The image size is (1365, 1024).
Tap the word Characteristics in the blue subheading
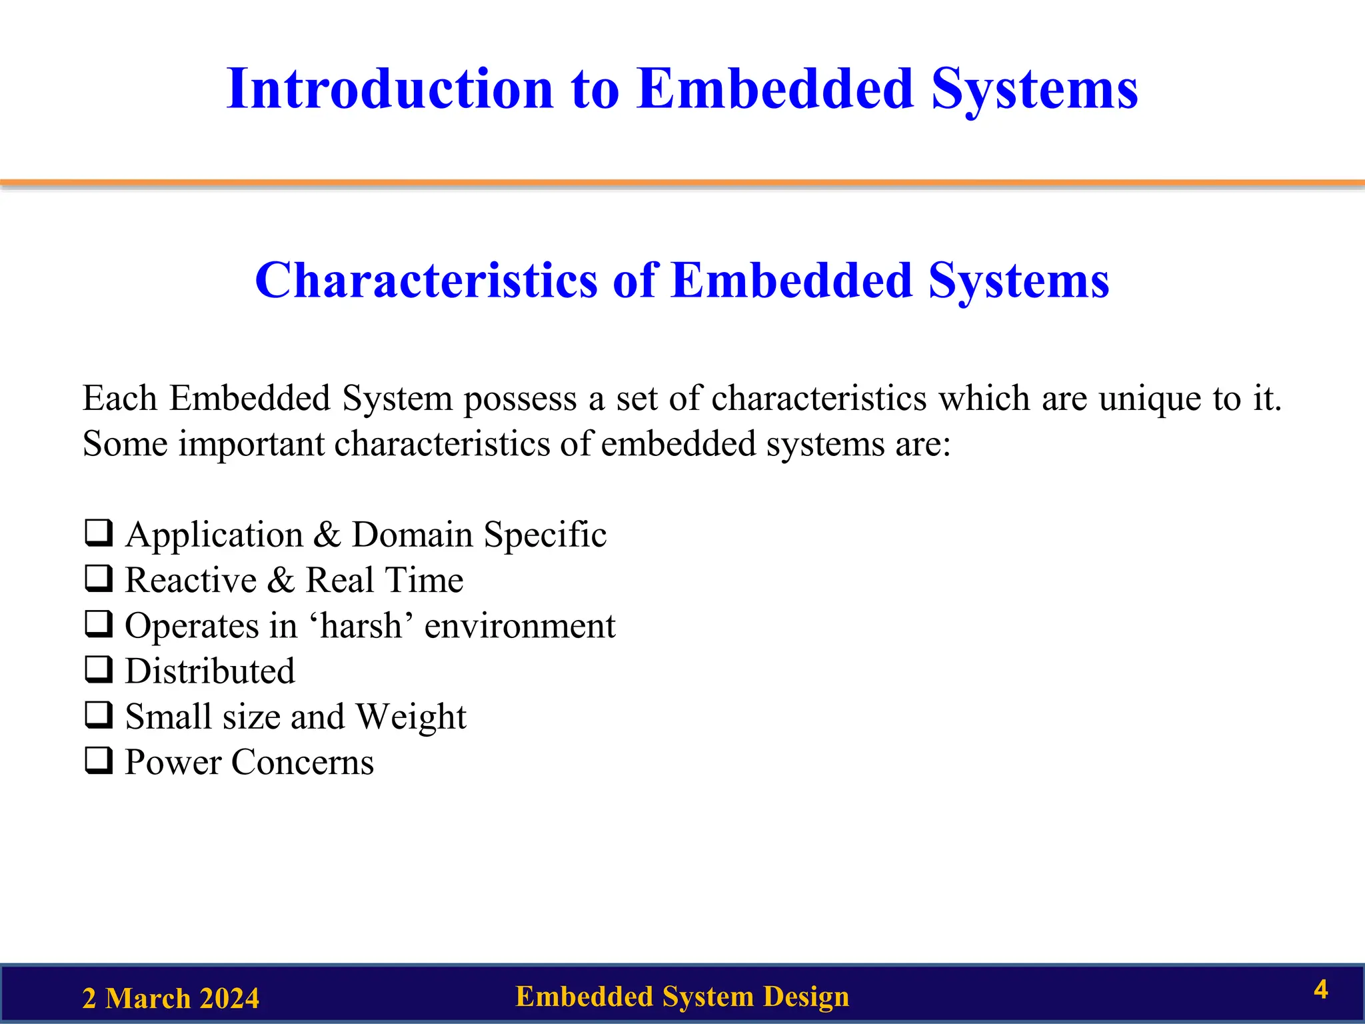click(426, 281)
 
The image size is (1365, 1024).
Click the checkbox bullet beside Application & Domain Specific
click(99, 533)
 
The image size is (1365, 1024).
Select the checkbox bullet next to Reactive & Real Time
click(99, 579)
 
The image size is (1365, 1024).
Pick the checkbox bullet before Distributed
click(99, 670)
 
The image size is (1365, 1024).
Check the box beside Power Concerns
click(99, 761)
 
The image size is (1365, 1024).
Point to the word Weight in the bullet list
click(411, 717)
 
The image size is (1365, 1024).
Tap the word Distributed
click(210, 671)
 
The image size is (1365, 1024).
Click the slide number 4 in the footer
click(1320, 989)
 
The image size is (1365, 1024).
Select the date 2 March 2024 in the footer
click(171, 999)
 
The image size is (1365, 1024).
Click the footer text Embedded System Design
click(682, 997)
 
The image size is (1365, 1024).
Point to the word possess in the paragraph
click(520, 399)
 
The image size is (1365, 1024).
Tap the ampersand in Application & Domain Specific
click(327, 535)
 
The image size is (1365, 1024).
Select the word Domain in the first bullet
click(412, 535)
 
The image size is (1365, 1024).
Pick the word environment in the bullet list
click(520, 626)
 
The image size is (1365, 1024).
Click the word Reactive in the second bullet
click(191, 580)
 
